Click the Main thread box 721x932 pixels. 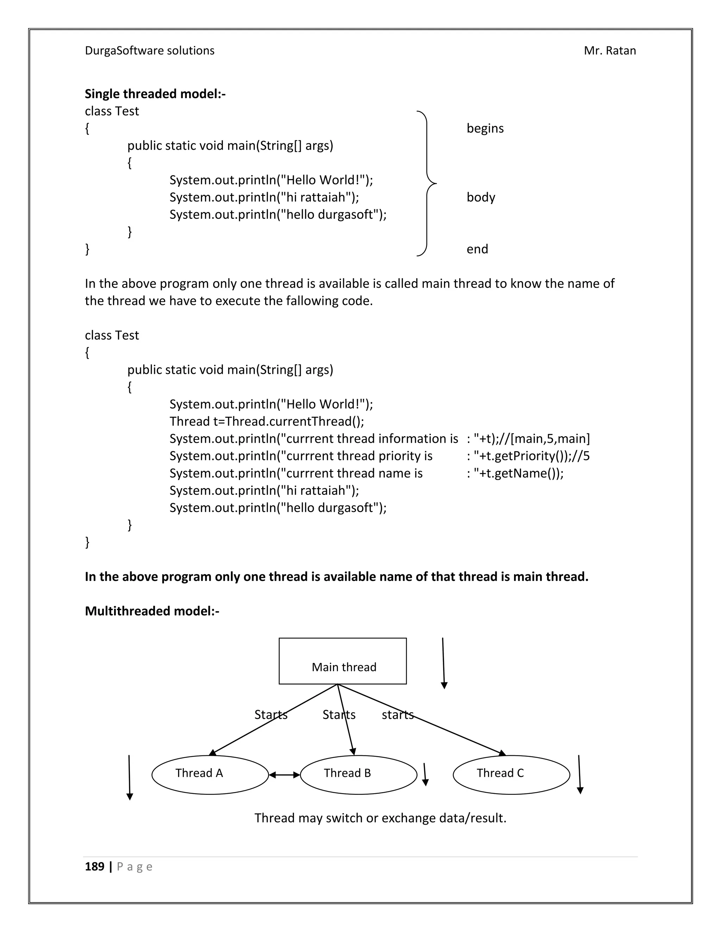coord(343,661)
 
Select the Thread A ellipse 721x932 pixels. coord(210,774)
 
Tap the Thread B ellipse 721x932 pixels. coord(358,774)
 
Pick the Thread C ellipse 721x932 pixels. coord(511,774)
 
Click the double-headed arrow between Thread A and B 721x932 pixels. coord(284,774)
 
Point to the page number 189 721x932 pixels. coord(94,866)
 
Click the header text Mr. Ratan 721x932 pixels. coord(609,51)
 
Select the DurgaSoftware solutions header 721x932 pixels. coord(150,51)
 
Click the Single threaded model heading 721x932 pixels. coord(155,94)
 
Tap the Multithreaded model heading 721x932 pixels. coord(152,611)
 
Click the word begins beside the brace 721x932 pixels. coord(485,128)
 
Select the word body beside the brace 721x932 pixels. coord(481,197)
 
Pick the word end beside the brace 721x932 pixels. coord(477,249)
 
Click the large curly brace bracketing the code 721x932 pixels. coord(427,184)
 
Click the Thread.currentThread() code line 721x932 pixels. coord(267,422)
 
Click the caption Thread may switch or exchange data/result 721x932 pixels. coord(380,818)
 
